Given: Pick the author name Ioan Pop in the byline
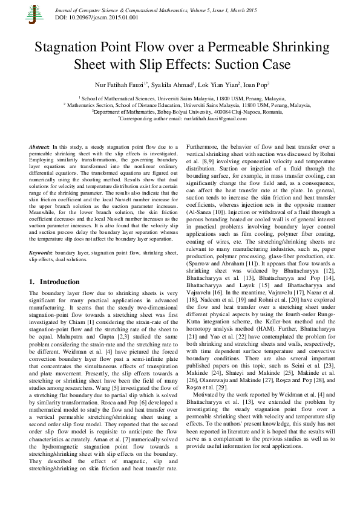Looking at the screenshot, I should pos(254,85).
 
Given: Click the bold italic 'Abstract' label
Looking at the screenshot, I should pos(40,147).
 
